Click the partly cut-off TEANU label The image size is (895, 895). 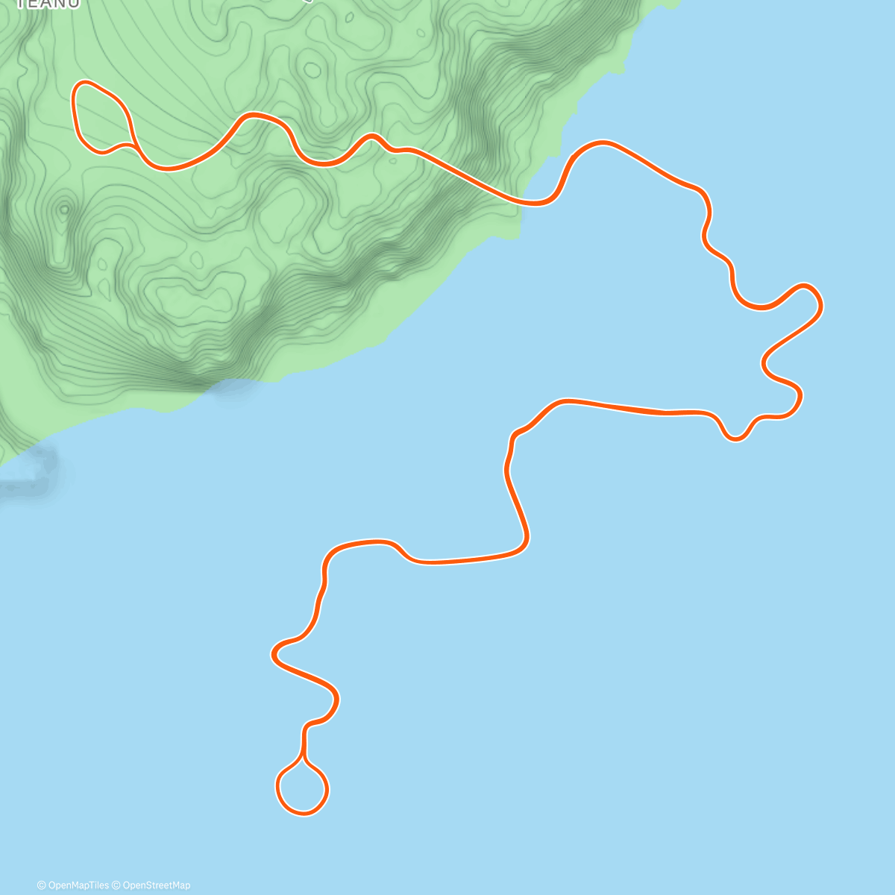tap(48, 4)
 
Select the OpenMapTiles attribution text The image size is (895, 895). tap(78, 885)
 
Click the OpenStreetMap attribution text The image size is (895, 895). tap(156, 885)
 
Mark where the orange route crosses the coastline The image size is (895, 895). tap(526, 202)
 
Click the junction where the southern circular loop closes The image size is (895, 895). tap(304, 759)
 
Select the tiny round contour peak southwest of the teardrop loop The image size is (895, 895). tap(64, 210)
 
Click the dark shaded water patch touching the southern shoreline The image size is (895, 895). tap(233, 389)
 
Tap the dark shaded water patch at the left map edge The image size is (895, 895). tap(30, 470)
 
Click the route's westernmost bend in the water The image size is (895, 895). tap(274, 655)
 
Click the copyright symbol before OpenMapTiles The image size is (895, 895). tap(42, 885)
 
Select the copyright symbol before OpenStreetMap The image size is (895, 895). tap(116, 885)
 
